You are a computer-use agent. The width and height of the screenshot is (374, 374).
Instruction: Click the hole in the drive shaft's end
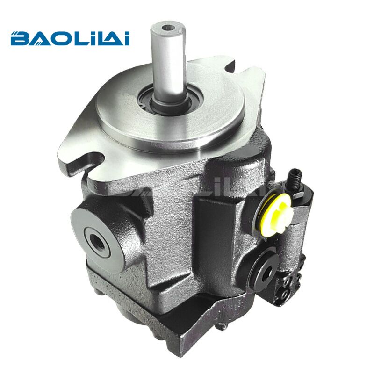tap(167, 28)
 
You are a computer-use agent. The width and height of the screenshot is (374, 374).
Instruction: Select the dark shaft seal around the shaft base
tap(171, 101)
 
